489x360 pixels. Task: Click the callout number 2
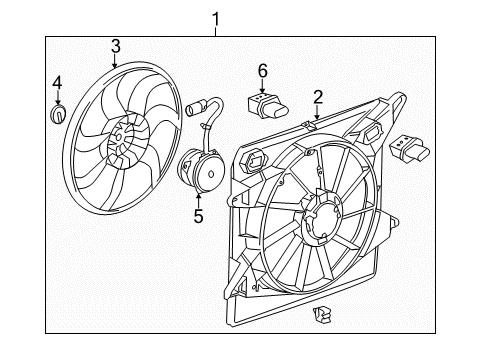click(317, 97)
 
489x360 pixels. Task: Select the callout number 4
click(57, 80)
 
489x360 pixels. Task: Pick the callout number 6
click(263, 71)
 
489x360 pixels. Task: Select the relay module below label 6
click(266, 103)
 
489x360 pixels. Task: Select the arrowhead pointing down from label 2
click(316, 120)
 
